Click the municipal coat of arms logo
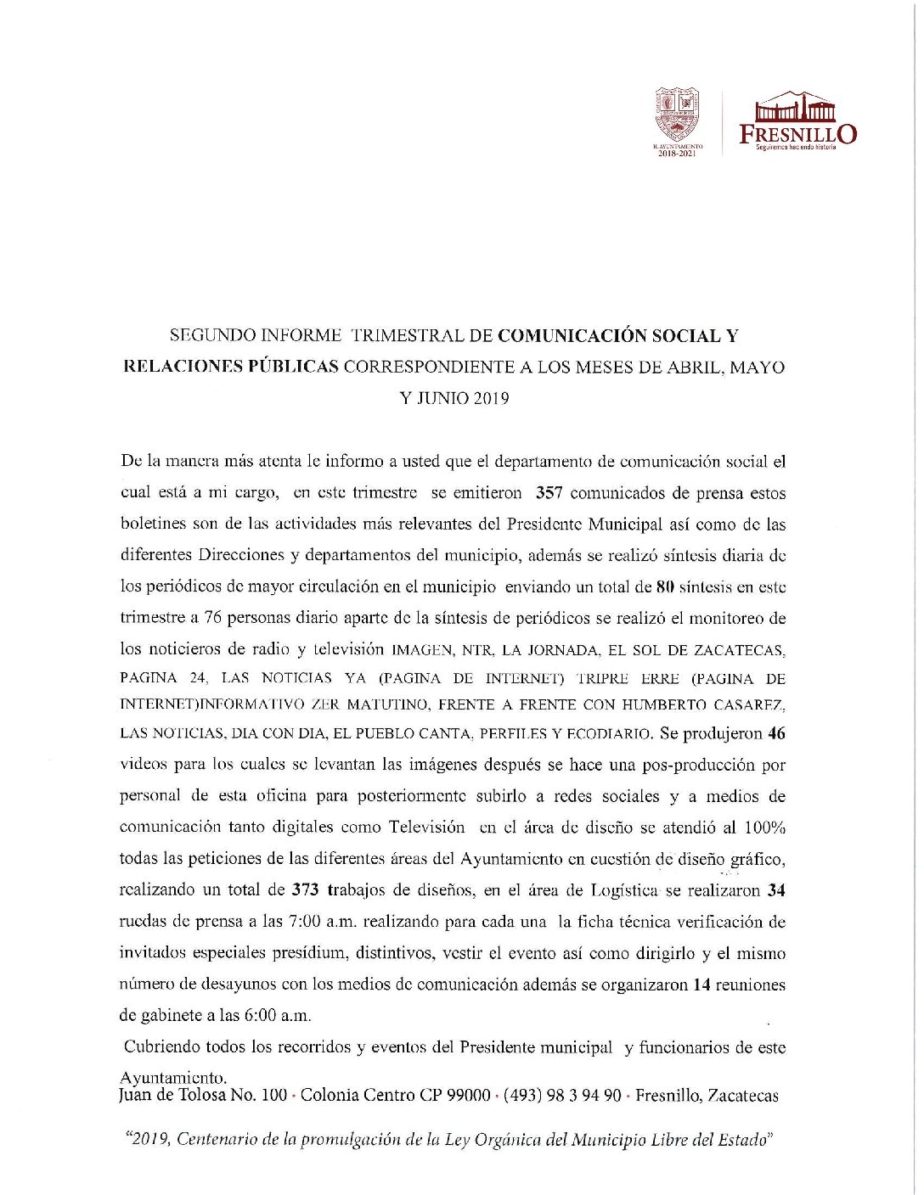coord(676,115)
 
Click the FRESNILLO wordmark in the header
coord(797,133)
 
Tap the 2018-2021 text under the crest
coord(677,154)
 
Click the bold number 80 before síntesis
coord(665,586)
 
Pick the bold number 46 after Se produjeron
coord(776,733)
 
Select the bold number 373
coord(305,890)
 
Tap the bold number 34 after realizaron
coord(776,890)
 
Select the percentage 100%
coord(764,828)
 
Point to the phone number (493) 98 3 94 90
coord(562,1095)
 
